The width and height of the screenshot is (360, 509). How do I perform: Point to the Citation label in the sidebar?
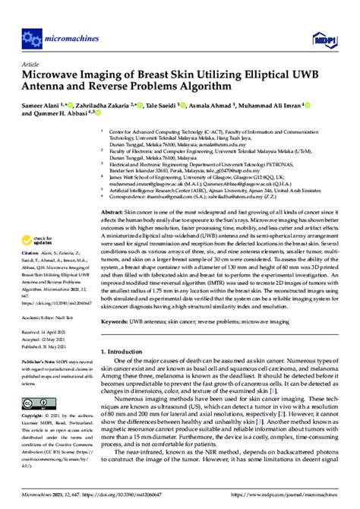point(33,239)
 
